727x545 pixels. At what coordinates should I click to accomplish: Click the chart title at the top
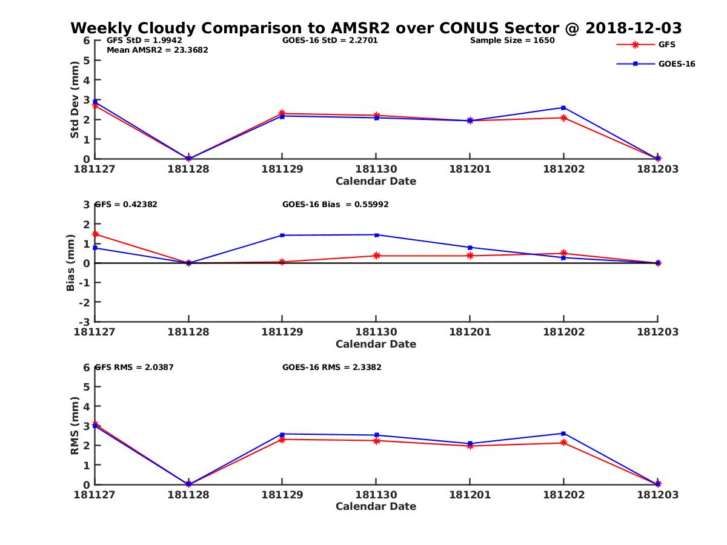click(376, 28)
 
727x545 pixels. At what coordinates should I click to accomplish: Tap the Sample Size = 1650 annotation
click(512, 41)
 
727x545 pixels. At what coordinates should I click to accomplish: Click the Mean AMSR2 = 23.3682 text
click(157, 50)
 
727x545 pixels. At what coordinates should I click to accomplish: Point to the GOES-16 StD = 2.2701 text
click(330, 41)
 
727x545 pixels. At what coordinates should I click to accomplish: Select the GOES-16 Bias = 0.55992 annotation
click(335, 205)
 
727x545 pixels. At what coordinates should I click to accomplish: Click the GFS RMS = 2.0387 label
click(134, 367)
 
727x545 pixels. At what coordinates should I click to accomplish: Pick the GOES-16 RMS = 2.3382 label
click(331, 367)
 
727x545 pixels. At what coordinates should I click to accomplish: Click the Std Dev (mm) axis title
click(75, 99)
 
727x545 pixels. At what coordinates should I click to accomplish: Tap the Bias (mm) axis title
click(71, 262)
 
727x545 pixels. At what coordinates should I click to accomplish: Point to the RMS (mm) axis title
click(75, 426)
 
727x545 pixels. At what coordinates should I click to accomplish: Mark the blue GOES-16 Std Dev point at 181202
click(563, 108)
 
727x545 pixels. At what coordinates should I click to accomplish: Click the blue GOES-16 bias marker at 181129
click(282, 235)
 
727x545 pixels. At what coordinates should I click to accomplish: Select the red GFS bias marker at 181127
click(95, 234)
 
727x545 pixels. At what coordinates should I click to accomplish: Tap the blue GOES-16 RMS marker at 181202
click(563, 433)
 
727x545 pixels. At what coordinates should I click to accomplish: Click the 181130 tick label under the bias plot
click(376, 332)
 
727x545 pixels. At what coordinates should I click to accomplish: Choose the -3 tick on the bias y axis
click(85, 322)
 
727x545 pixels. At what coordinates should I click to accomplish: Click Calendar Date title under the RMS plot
click(376, 507)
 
